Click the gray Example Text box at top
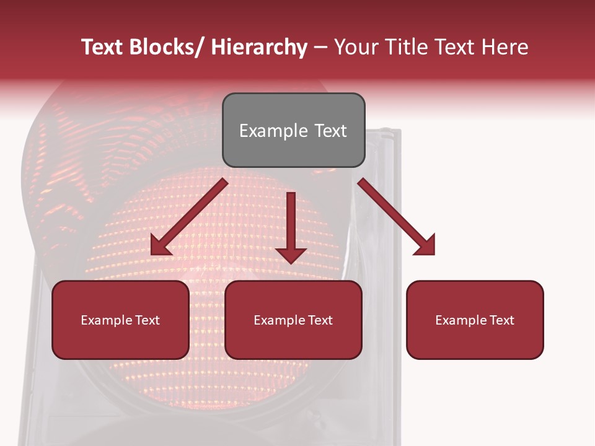tap(293, 130)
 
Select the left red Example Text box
tap(120, 320)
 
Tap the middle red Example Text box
tap(293, 320)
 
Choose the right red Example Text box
tap(475, 320)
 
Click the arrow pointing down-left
tap(189, 217)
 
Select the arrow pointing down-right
tap(397, 217)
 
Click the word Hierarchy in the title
tap(259, 48)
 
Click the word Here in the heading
tap(506, 47)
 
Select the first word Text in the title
tap(102, 47)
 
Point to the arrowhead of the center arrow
tap(291, 255)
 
